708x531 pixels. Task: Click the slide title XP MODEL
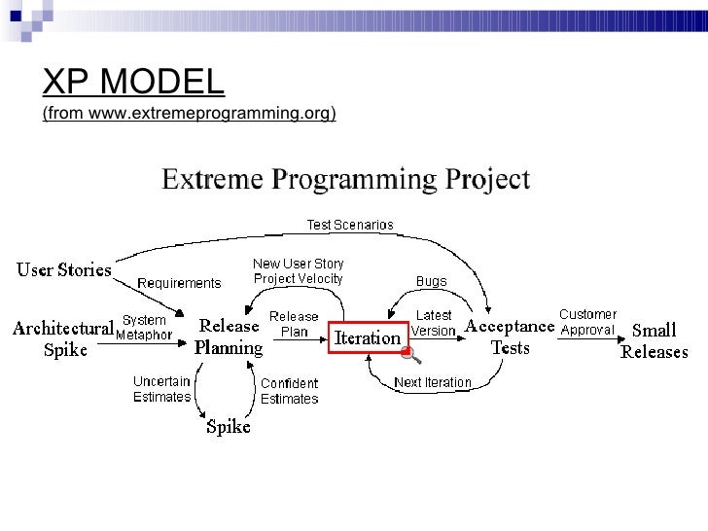(133, 84)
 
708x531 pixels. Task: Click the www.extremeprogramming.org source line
(189, 115)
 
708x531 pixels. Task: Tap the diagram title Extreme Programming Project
(344, 181)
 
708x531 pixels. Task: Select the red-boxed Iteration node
(368, 338)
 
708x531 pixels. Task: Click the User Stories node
(64, 269)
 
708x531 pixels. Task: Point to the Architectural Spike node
(63, 338)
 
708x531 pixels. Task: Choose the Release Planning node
(229, 336)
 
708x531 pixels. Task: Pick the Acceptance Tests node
(510, 336)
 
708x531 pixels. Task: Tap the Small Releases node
(655, 341)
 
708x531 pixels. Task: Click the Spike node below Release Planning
(229, 426)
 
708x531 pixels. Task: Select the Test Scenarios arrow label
(350, 225)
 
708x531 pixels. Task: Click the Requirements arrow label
(179, 283)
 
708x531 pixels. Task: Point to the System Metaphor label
(144, 328)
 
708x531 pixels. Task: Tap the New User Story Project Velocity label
(298, 271)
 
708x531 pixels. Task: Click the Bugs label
(431, 282)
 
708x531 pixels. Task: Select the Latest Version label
(433, 323)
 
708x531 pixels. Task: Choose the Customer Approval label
(587, 322)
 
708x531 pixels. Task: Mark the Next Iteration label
(432, 382)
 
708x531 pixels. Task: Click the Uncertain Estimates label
(161, 389)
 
